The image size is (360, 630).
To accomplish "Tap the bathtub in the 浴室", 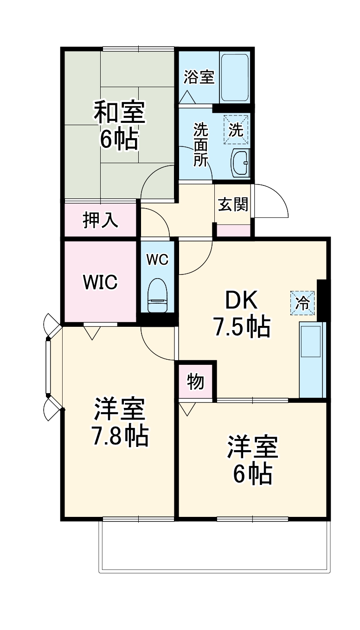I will (x=235, y=78).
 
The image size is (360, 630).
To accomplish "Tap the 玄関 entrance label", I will (x=233, y=204).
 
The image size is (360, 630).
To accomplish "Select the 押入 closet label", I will (x=101, y=220).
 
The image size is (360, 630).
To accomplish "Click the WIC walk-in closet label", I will (x=100, y=281).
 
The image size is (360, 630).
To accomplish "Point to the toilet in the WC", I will (x=158, y=296).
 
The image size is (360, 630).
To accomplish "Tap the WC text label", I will (x=157, y=260).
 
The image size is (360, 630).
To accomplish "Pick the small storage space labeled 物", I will (x=196, y=382).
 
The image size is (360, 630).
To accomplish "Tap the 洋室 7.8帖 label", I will (x=120, y=422).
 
